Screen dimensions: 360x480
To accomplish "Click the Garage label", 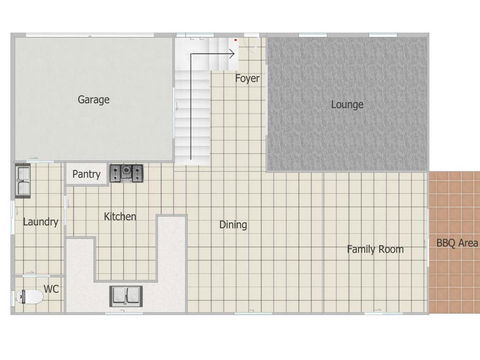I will [93, 99].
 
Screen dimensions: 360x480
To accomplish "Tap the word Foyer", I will [247, 78].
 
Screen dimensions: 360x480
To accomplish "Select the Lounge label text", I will [347, 104].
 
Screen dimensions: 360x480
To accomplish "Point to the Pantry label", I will [87, 175].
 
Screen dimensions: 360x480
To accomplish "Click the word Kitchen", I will [120, 217].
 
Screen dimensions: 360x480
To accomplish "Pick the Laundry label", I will [41, 222].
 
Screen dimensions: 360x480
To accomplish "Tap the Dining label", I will [233, 225].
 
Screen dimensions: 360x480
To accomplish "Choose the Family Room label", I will [375, 249].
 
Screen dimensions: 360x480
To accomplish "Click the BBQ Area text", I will [456, 243].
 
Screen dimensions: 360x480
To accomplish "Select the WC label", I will [52, 289].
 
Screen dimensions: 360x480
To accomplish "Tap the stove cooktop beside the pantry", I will [127, 173].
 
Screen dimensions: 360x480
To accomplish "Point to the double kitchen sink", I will [126, 295].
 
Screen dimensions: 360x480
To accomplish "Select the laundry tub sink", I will [23, 181].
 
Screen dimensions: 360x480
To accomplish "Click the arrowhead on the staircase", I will [231, 53].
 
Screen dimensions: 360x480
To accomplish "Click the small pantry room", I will [87, 175].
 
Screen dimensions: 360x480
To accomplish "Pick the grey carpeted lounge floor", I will [347, 130].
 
